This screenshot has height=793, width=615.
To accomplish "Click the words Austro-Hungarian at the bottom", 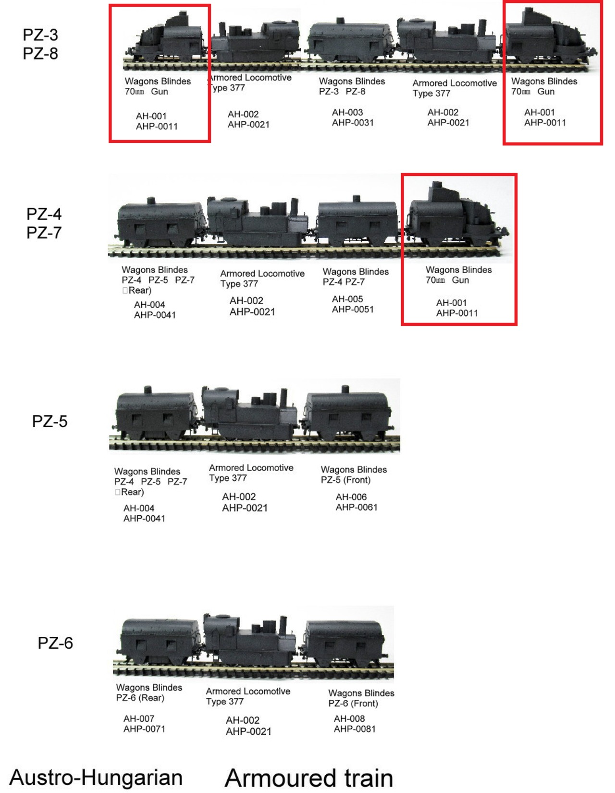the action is [x=96, y=777].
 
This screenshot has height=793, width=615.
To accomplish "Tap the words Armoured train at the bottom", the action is [x=308, y=777].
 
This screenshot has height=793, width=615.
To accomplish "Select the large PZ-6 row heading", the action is [x=55, y=643].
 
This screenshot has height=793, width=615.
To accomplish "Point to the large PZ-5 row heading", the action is [x=49, y=421].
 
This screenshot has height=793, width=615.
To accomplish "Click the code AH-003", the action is [x=347, y=112].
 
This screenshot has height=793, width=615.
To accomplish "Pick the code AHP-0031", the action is [x=353, y=123].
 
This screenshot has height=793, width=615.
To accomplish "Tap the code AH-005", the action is [x=347, y=299].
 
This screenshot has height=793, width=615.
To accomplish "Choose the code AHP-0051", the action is [x=353, y=310].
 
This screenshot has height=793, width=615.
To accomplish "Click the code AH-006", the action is [x=351, y=497].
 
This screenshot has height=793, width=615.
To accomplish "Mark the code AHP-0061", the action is [x=357, y=508].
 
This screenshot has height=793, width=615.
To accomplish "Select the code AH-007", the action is [x=139, y=719].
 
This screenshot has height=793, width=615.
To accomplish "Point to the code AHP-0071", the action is [x=144, y=729].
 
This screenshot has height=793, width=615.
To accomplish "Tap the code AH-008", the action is [x=349, y=719].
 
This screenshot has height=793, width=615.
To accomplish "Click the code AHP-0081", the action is [x=355, y=729].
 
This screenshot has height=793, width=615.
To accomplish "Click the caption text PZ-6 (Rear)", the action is [x=140, y=698].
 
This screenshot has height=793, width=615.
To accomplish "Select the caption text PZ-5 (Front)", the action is [x=346, y=480].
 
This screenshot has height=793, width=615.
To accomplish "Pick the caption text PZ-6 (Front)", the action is [x=353, y=704].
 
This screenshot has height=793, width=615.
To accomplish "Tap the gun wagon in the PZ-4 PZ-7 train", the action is [x=454, y=216].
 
